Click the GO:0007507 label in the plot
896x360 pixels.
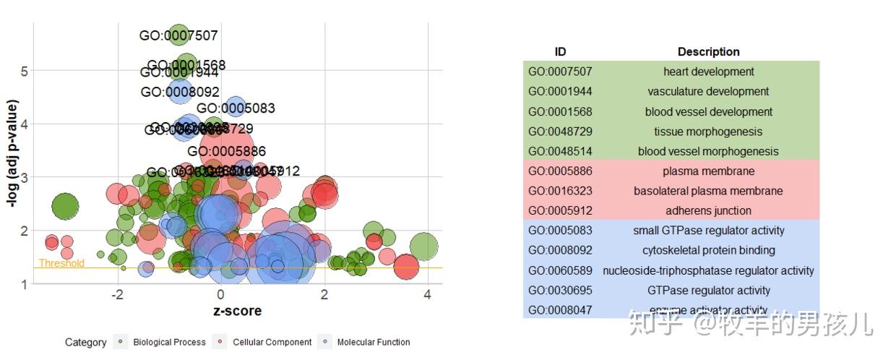[178, 35]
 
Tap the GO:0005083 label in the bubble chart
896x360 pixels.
[236, 108]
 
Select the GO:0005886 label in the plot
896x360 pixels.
[226, 152]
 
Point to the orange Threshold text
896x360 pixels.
[61, 263]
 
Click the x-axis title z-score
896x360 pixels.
[237, 311]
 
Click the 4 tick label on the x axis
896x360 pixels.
[427, 295]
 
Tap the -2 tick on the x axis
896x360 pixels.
[117, 295]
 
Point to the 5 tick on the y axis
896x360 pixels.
[24, 70]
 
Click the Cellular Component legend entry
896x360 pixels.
[272, 342]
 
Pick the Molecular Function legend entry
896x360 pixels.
[373, 342]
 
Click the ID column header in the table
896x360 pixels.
[560, 52]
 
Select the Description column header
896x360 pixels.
[708, 52]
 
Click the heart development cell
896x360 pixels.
[708, 72]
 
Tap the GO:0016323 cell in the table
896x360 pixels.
[560, 191]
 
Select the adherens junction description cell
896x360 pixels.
[708, 211]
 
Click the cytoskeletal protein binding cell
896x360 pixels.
[708, 251]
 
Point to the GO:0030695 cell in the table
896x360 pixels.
[560, 291]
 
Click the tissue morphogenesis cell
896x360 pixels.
[708, 132]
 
